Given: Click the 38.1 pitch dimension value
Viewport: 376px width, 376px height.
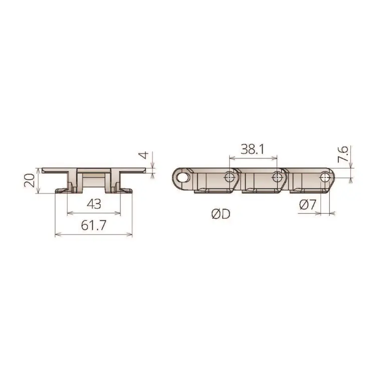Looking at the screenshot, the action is (x=252, y=149).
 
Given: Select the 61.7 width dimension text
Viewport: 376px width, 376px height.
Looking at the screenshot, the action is (x=93, y=225).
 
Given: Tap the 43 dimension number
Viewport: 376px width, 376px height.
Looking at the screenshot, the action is (x=94, y=204).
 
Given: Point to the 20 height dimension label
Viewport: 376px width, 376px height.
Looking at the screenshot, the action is (x=30, y=180).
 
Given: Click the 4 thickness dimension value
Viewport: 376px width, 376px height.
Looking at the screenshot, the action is (x=144, y=155).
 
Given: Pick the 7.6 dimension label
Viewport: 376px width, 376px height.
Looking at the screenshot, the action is (x=343, y=154).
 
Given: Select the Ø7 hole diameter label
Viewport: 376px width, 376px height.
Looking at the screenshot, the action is (x=308, y=205).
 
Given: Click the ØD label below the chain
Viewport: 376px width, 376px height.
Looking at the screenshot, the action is (x=221, y=214).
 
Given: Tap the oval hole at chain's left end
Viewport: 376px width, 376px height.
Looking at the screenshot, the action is (x=183, y=178).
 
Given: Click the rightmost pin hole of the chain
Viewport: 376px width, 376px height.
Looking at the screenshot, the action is (x=325, y=177).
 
